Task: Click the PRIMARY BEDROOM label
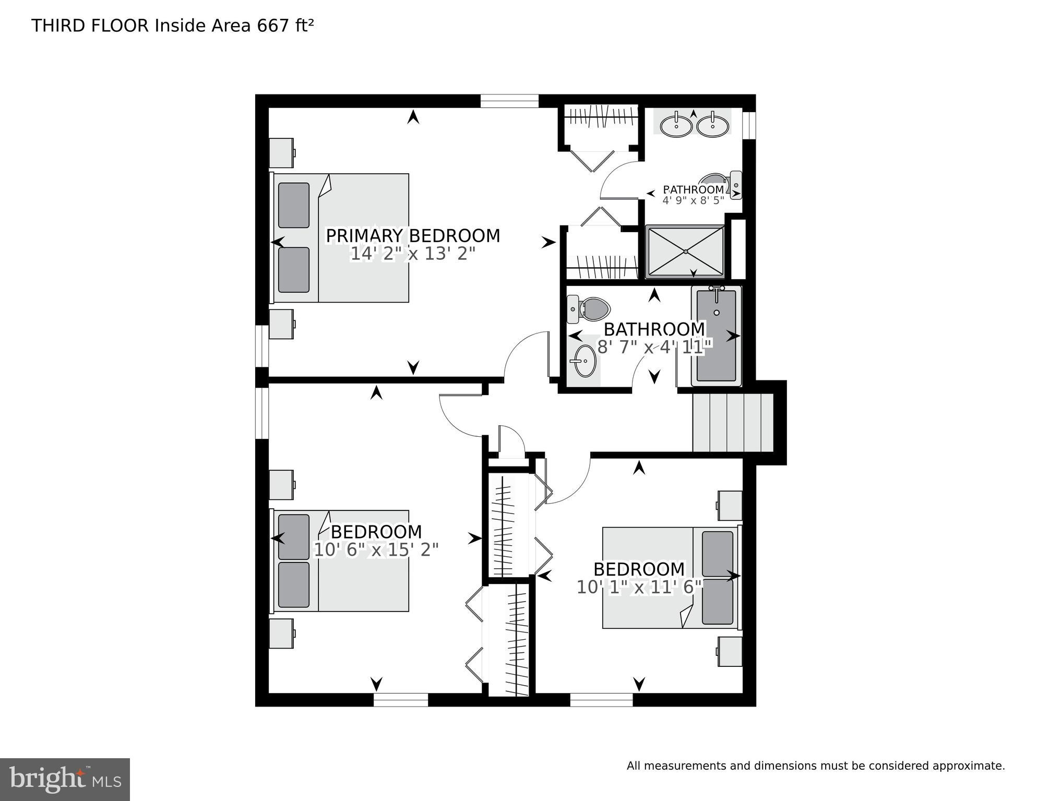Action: point(413,236)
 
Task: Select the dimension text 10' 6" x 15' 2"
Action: point(376,549)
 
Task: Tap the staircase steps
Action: point(732,422)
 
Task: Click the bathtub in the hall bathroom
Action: point(716,336)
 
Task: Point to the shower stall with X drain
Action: point(685,252)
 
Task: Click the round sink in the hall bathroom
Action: point(583,360)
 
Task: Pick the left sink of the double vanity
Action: point(676,126)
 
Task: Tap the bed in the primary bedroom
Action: point(340,238)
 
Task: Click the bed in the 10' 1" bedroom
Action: point(671,578)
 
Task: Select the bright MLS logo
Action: point(65,779)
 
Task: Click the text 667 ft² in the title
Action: point(285,26)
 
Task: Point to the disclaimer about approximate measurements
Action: point(815,766)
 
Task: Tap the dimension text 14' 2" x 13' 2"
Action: point(412,254)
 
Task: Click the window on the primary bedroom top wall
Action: point(509,101)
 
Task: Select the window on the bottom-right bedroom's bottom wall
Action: point(601,699)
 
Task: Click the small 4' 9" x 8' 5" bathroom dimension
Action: point(693,200)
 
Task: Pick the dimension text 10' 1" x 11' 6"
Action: point(639,587)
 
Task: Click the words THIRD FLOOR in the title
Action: point(90,26)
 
